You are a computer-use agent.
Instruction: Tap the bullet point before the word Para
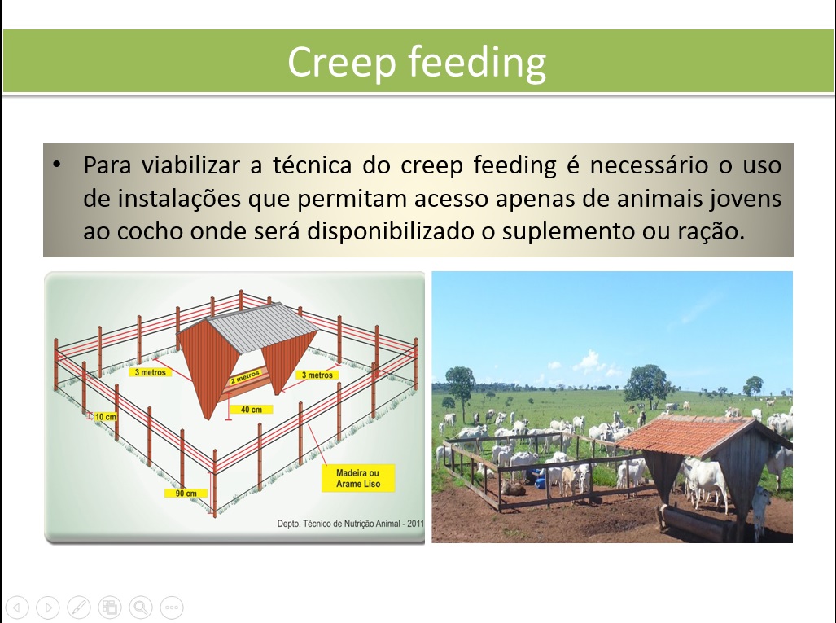56,165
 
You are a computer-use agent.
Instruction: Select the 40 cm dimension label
251,410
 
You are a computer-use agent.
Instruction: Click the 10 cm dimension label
104,416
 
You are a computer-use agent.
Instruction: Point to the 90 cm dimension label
186,494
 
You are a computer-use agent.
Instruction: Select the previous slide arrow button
18,607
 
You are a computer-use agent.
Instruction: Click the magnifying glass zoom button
140,607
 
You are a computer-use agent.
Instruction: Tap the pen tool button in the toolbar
79,607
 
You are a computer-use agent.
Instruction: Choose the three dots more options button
171,607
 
